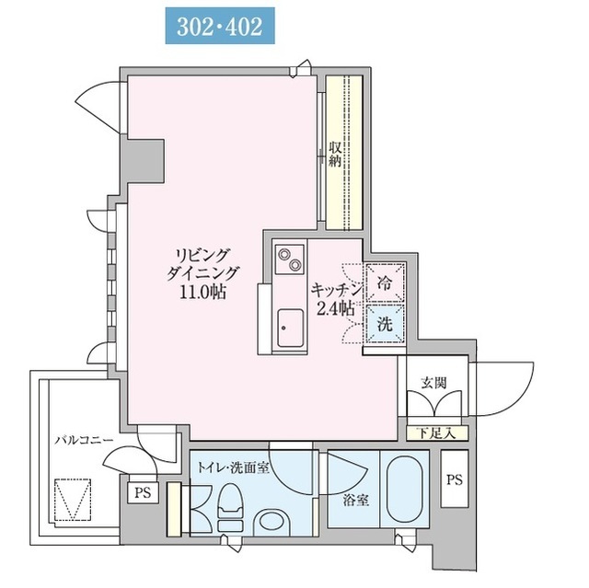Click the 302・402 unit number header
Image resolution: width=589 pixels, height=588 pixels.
pyautogui.click(x=220, y=26)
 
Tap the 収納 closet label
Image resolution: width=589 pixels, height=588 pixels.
pyautogui.click(x=334, y=154)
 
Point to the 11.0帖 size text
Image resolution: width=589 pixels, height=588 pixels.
pyautogui.click(x=202, y=292)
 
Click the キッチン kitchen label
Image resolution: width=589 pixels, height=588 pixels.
pyautogui.click(x=337, y=290)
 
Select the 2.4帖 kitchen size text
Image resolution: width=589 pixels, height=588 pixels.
pyautogui.click(x=336, y=308)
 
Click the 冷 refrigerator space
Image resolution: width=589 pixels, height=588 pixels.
pyautogui.click(x=385, y=282)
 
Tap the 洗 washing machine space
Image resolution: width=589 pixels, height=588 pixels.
pyautogui.click(x=385, y=324)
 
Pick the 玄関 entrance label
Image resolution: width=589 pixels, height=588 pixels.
pyautogui.click(x=433, y=383)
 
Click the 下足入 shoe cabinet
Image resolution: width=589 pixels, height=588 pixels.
pyautogui.click(x=437, y=433)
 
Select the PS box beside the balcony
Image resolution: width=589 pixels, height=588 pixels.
pyautogui.click(x=143, y=492)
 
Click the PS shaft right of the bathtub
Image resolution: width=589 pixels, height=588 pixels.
pyautogui.click(x=454, y=479)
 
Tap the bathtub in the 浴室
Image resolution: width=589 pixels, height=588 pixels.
pyautogui.click(x=405, y=490)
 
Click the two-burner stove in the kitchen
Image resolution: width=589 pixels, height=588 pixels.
pyautogui.click(x=290, y=259)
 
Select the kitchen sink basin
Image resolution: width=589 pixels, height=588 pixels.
pyautogui.click(x=290, y=328)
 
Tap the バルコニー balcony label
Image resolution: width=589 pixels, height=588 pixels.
pyautogui.click(x=84, y=440)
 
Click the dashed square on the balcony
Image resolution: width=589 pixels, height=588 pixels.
pyautogui.click(x=74, y=500)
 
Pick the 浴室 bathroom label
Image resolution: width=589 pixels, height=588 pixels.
pyautogui.click(x=355, y=501)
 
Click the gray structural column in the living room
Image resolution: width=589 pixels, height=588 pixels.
pyautogui.click(x=145, y=161)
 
